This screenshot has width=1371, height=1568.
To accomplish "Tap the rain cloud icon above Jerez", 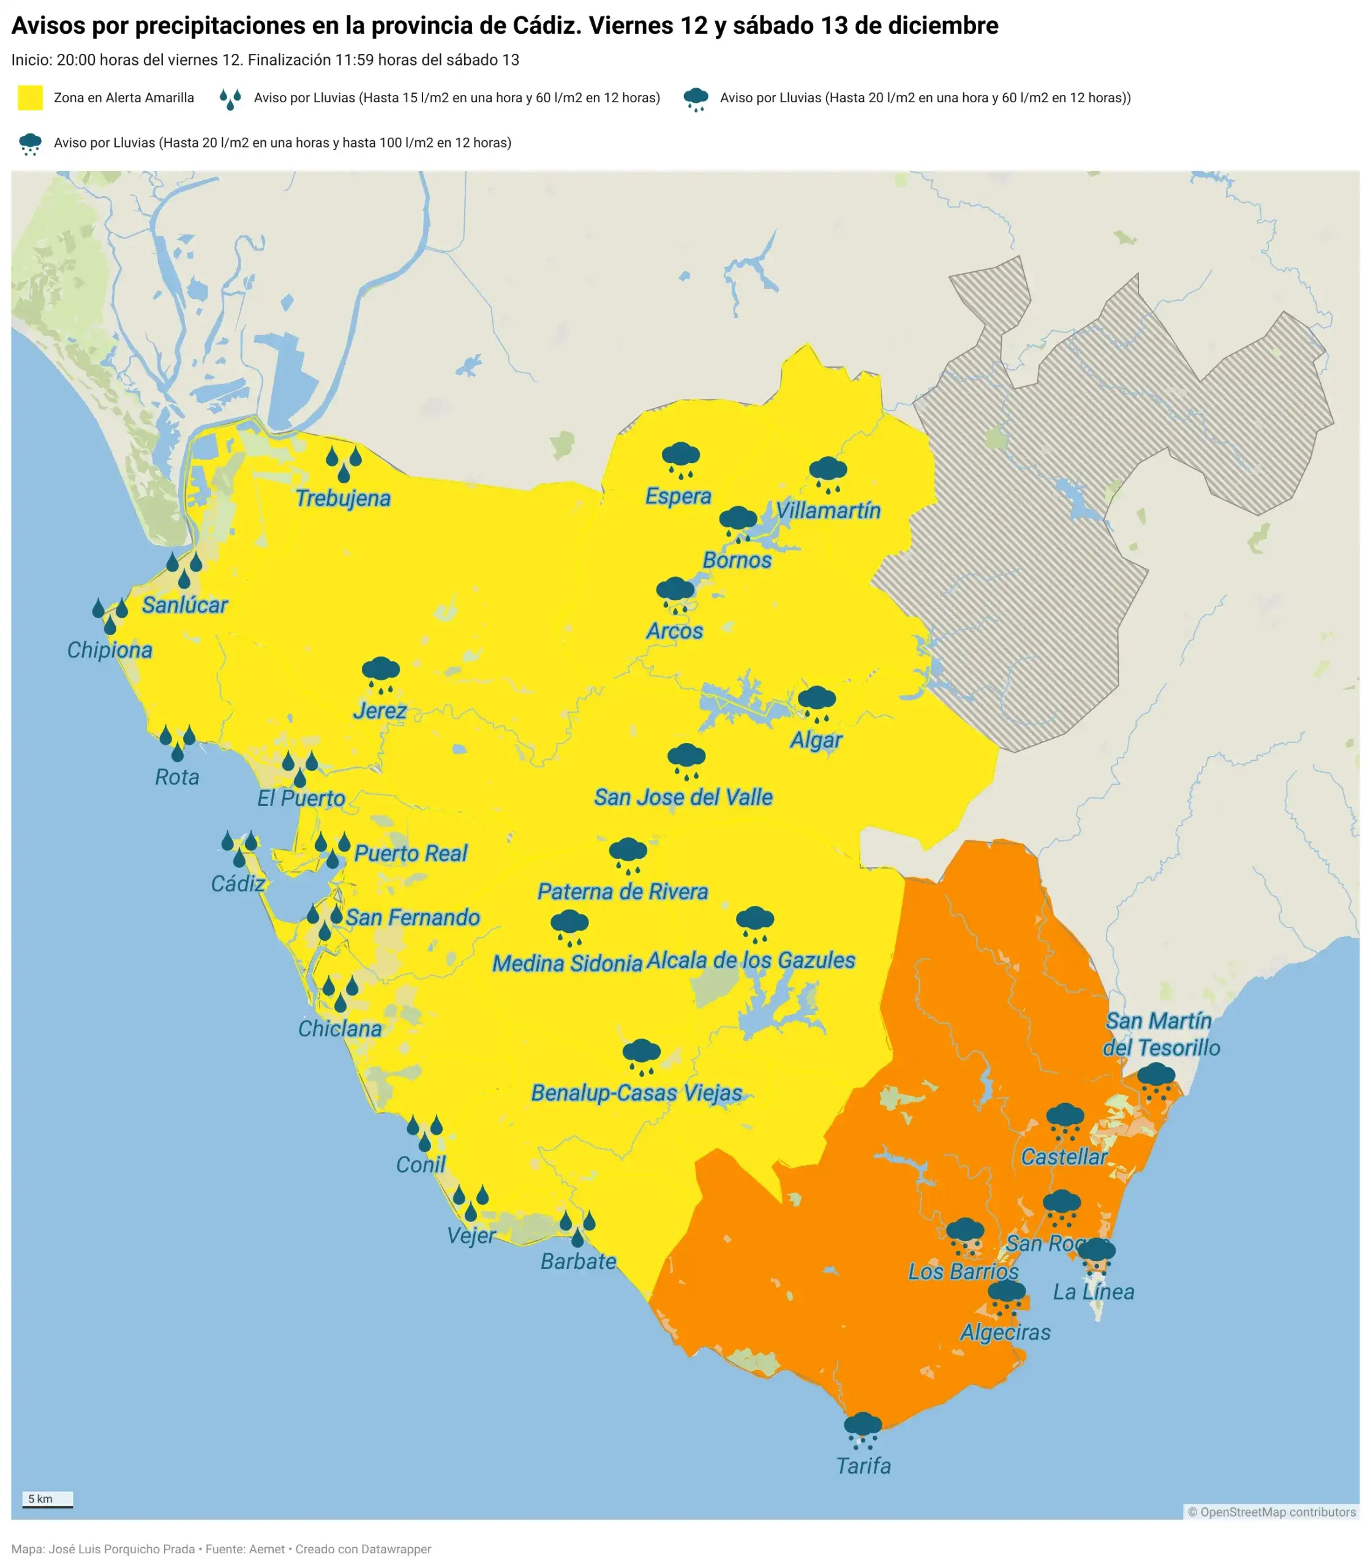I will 380,673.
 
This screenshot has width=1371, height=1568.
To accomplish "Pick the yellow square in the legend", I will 30,98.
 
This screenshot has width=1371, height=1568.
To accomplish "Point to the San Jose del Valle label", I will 683,797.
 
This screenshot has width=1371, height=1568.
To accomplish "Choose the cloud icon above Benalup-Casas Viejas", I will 641,1057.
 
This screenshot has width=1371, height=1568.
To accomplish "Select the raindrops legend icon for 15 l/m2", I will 230,99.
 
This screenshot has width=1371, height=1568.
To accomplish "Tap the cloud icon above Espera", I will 680,459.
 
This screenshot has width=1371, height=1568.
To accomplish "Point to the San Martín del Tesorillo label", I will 1160,1034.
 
